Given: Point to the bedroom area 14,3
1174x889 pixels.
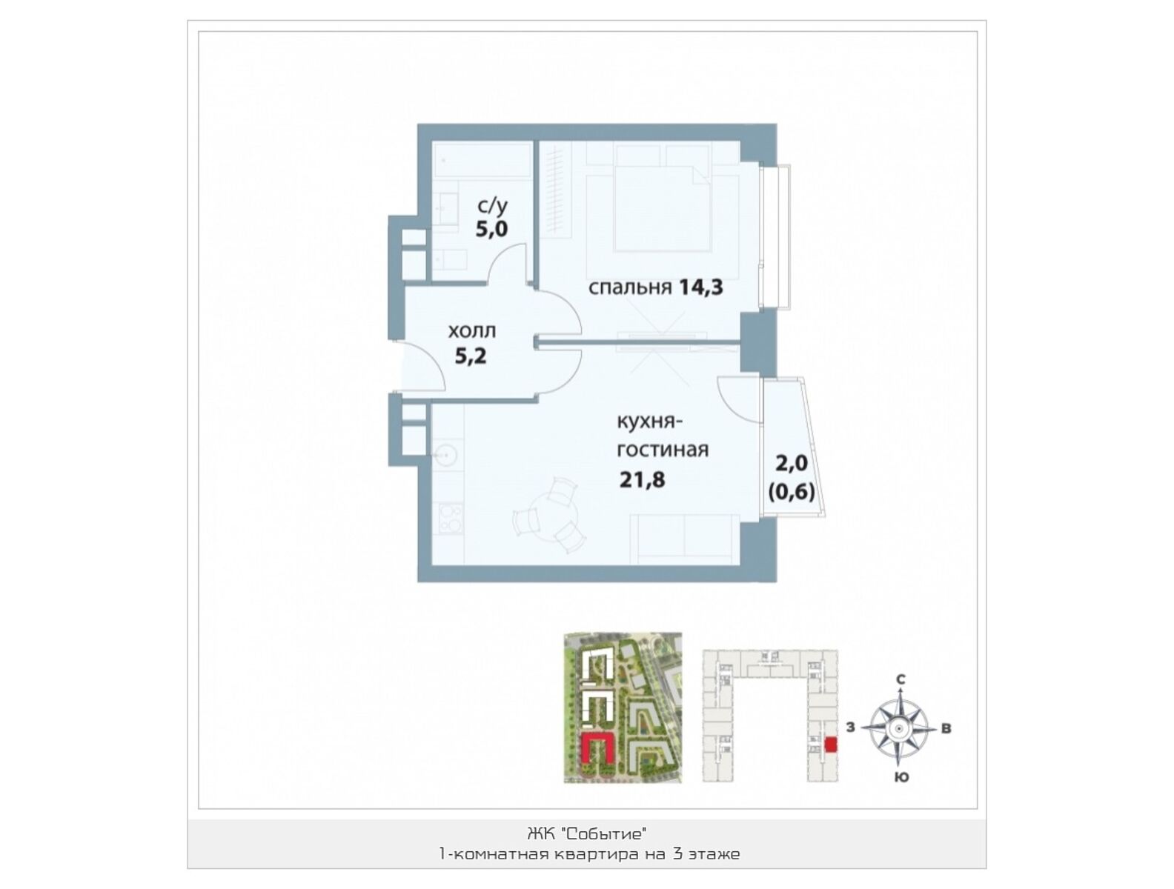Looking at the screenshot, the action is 701,287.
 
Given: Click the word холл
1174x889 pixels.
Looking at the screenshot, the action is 471,331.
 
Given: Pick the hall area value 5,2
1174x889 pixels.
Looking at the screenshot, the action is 471,356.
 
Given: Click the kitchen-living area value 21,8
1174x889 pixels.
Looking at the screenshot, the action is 642,479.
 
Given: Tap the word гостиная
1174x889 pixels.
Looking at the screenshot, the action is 663,450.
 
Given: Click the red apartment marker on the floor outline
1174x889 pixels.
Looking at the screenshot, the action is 831,745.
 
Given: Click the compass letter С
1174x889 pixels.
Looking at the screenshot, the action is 901,680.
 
